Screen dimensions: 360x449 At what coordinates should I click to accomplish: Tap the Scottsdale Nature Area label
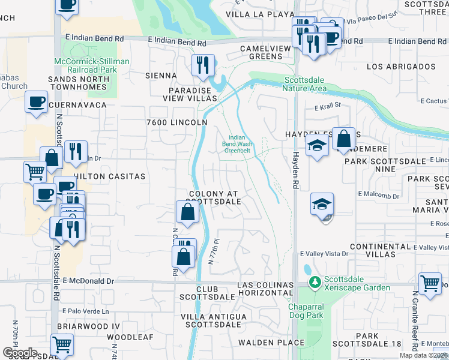point(304,84)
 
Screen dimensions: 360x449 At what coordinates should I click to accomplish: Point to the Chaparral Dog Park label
point(306,311)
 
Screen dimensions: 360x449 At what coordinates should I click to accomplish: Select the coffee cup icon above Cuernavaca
point(37,100)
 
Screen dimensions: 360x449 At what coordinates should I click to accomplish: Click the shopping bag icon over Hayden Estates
point(343,139)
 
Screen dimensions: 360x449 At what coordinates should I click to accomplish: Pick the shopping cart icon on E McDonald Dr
point(430,283)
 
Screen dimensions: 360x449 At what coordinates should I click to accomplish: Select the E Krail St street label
point(327,106)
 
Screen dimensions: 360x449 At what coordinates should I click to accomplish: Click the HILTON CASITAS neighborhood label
point(109,176)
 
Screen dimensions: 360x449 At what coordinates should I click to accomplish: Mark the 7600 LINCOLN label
point(177,122)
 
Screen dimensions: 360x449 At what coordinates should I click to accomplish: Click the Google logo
point(20,352)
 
